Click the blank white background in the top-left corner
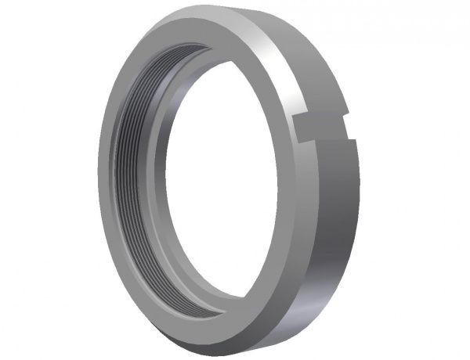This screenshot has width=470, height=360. (23, 23)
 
